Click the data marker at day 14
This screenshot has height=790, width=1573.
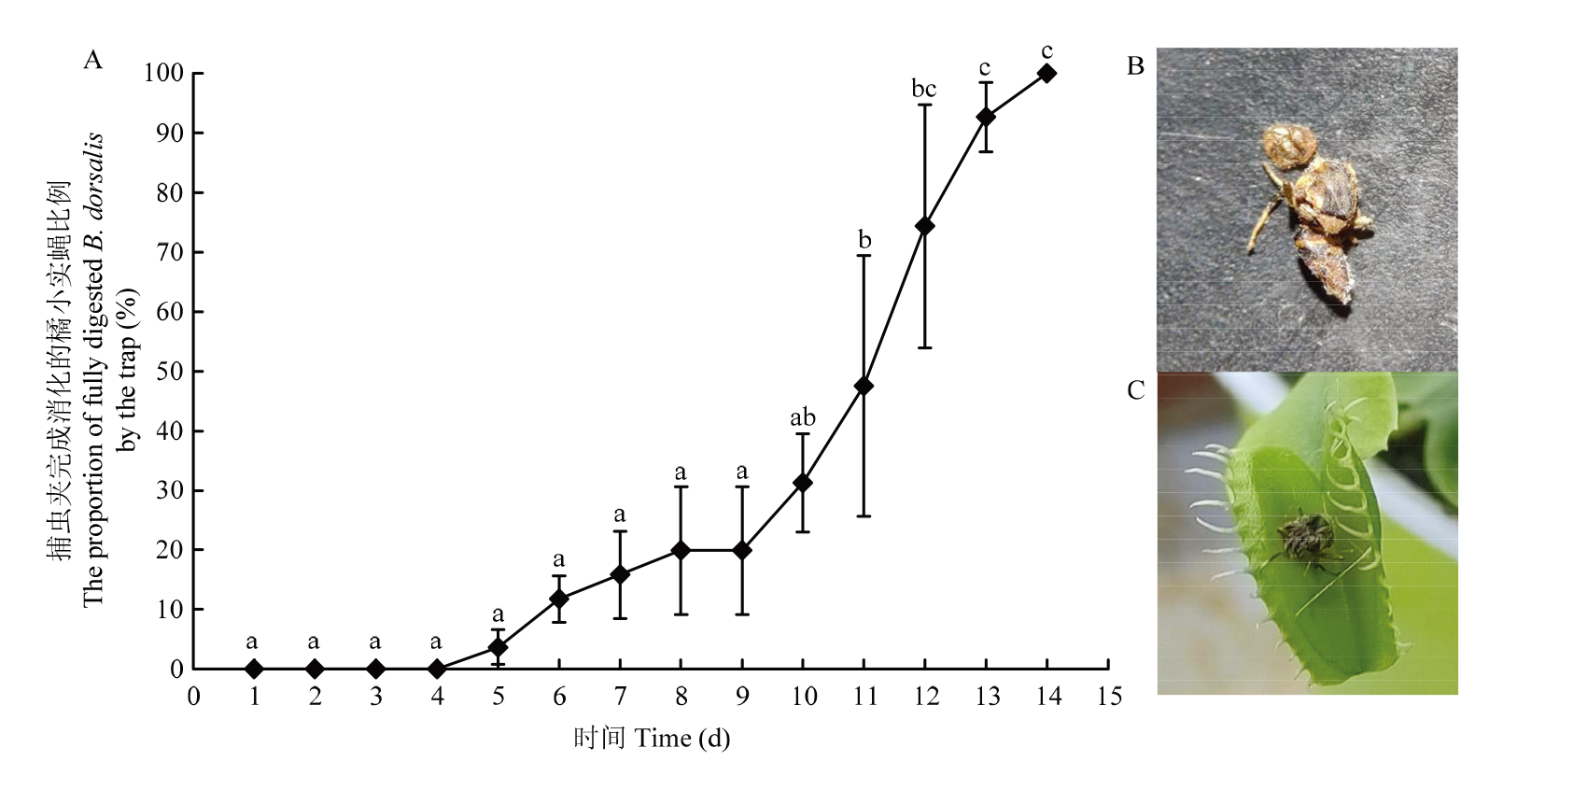pyautogui.click(x=1046, y=73)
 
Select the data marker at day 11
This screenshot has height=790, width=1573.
pyautogui.click(x=864, y=386)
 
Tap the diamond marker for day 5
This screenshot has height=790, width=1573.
pyautogui.click(x=498, y=647)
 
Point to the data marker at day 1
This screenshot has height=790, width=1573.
pyautogui.click(x=254, y=669)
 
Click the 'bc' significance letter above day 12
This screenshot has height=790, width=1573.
pyautogui.click(x=923, y=90)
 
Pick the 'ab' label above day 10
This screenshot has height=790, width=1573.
pyautogui.click(x=802, y=417)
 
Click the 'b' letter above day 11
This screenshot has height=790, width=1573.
pyautogui.click(x=864, y=240)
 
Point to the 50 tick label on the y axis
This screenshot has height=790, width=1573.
pyautogui.click(x=170, y=372)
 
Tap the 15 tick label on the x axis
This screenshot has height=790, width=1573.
pyautogui.click(x=1108, y=697)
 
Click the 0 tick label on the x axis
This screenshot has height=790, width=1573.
pyautogui.click(x=193, y=697)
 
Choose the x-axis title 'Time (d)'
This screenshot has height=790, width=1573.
pyautogui.click(x=681, y=739)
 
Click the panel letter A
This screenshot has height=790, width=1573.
pyautogui.click(x=92, y=61)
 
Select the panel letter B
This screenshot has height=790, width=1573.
pyautogui.click(x=1135, y=66)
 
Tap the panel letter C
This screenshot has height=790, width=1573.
pyautogui.click(x=1135, y=390)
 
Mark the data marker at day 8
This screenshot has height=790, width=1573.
pyautogui.click(x=681, y=550)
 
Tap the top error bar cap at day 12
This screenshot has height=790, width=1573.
pyautogui.click(x=924, y=105)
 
